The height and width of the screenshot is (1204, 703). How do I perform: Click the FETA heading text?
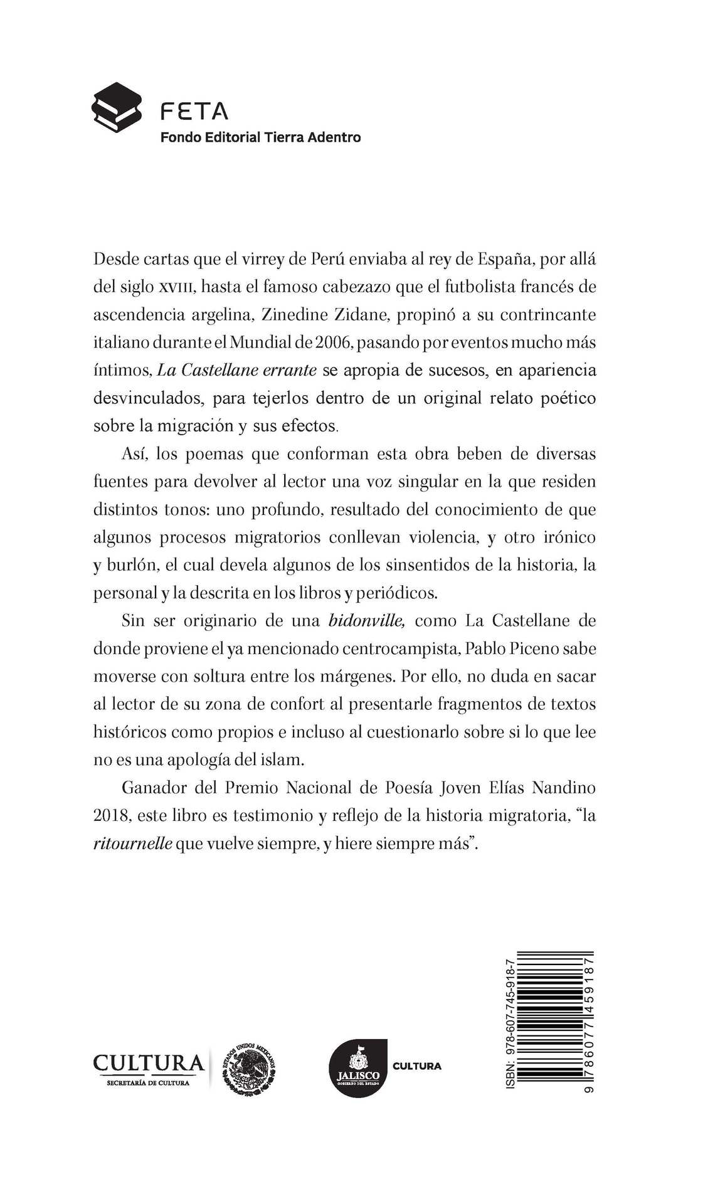[x=194, y=112]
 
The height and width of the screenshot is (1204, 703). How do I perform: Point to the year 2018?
[x=111, y=816]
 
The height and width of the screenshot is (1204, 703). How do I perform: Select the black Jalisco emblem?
[x=356, y=1068]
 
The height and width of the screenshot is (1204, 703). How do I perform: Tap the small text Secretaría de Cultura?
[x=148, y=1083]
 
